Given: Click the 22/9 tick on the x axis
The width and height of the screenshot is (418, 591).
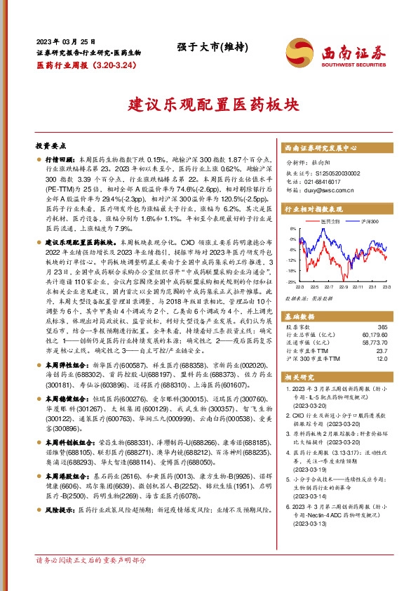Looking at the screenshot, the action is [344, 286].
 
